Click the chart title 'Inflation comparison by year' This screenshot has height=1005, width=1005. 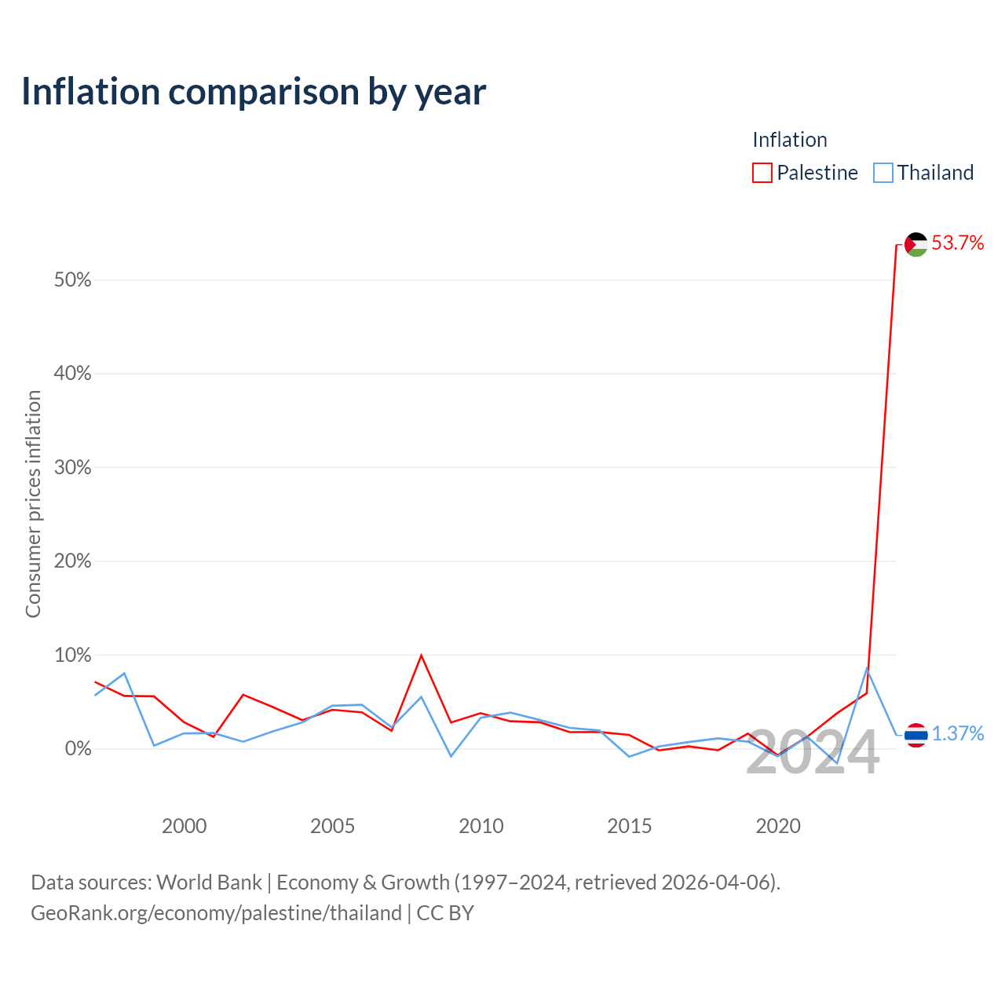pyautogui.click(x=254, y=92)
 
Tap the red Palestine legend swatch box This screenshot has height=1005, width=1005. pyautogui.click(x=762, y=173)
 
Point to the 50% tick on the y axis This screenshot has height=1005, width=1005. pyautogui.click(x=72, y=280)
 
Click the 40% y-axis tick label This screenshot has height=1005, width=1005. pyautogui.click(x=72, y=374)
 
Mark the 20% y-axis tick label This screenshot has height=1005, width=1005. pyautogui.click(x=72, y=561)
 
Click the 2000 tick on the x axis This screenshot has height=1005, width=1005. pyautogui.click(x=184, y=826)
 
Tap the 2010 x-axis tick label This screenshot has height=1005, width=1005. pyautogui.click(x=481, y=826)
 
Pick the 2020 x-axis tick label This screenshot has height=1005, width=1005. pyautogui.click(x=777, y=826)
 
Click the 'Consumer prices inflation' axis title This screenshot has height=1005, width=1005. pyautogui.click(x=33, y=504)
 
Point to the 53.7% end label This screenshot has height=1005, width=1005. pyautogui.click(x=957, y=243)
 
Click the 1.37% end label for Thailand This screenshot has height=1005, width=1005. pyautogui.click(x=957, y=733)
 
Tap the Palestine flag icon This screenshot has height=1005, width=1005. pyautogui.click(x=916, y=244)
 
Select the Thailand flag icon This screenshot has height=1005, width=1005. pyautogui.click(x=916, y=735)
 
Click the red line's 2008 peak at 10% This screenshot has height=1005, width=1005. pyautogui.click(x=422, y=655)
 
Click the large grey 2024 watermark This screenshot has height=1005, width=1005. pyautogui.click(x=813, y=753)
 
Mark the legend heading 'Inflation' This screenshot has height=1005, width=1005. pyautogui.click(x=789, y=140)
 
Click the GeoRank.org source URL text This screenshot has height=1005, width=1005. pyautogui.click(x=216, y=913)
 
